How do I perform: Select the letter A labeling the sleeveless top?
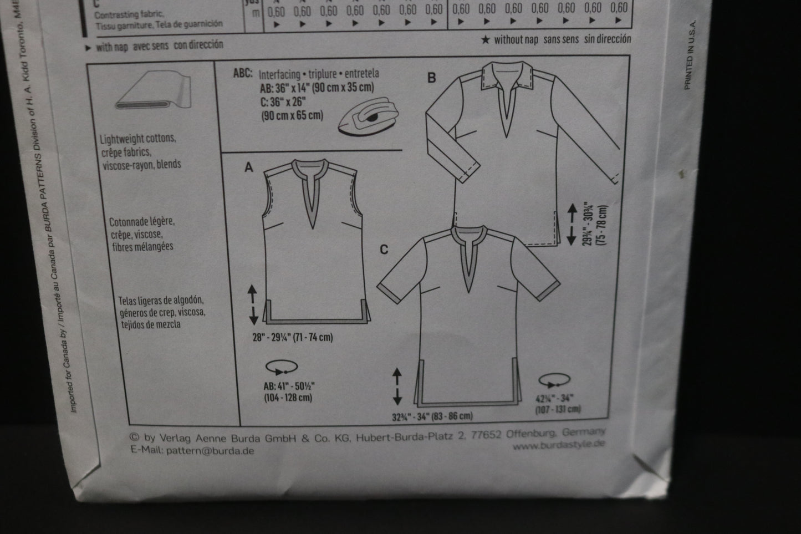click(x=249, y=167)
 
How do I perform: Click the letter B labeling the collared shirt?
click(x=431, y=78)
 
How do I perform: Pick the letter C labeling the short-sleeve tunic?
click(x=384, y=250)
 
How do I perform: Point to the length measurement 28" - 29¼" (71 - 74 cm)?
click(x=292, y=337)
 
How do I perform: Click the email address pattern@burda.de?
click(x=208, y=451)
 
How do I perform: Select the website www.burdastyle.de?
click(x=558, y=444)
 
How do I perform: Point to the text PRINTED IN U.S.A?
click(x=688, y=53)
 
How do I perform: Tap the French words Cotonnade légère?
click(x=142, y=222)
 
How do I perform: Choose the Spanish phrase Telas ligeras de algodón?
click(x=158, y=301)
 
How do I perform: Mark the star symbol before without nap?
click(x=486, y=40)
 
